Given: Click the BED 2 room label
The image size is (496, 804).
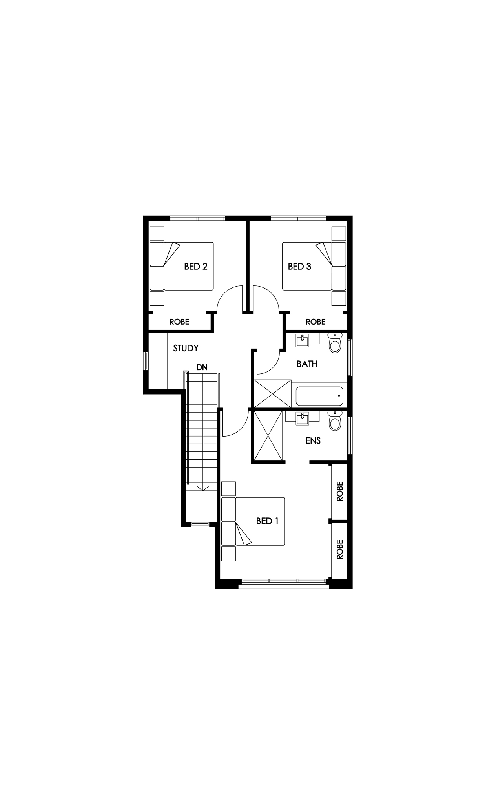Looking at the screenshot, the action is coord(195,267).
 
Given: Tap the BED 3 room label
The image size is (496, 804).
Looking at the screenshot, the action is coord(299,267).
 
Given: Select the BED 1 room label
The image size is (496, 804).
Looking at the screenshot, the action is coord(267,521).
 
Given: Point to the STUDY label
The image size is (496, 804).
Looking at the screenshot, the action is coord(186,348).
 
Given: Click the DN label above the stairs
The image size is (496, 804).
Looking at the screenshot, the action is coord(202,367).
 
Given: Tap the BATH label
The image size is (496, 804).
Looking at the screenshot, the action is coord(307,364).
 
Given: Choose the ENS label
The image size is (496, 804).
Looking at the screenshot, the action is coord(313,440).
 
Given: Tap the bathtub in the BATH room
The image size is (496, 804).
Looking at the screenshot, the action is coord(319,396).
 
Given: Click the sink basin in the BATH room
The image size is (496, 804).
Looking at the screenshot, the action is coord(303,340).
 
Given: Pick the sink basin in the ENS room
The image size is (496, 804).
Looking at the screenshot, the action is coord(303,418).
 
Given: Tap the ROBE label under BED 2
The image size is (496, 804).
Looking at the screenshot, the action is coord(179,322).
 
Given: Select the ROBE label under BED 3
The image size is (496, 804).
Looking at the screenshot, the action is coord(315,322).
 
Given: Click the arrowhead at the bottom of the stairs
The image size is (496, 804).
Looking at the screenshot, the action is coord(202,488).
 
